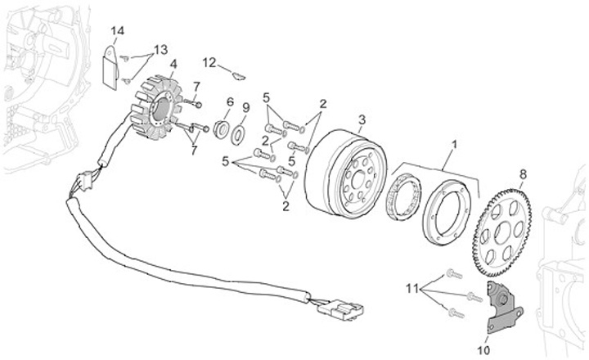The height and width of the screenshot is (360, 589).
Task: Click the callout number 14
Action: tap(118, 31)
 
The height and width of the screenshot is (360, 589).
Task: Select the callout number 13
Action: tap(161, 50)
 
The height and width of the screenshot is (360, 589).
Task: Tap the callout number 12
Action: tap(209, 62)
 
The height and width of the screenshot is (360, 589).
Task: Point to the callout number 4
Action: tap(173, 65)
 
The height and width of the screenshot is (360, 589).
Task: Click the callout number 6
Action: tap(230, 101)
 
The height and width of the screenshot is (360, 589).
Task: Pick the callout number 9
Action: tap(245, 108)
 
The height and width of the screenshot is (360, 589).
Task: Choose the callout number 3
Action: tap(362, 120)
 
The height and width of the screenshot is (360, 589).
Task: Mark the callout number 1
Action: tap(455, 144)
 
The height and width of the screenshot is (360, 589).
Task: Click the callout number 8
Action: tap(523, 174)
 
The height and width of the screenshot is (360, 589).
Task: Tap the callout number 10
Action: tap(483, 350)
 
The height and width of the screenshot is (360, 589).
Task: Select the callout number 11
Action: tap(412, 289)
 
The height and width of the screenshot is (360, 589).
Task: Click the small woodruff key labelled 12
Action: tap(239, 76)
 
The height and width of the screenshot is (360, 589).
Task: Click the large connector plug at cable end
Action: tap(340, 310)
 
